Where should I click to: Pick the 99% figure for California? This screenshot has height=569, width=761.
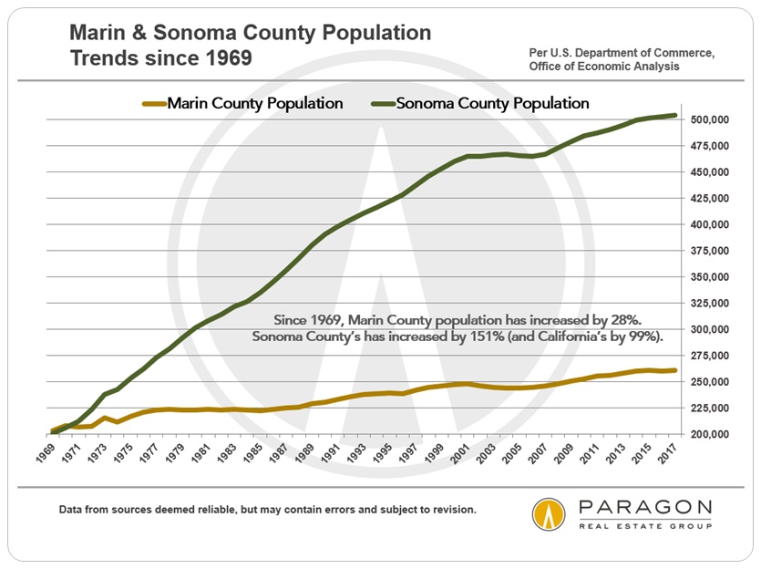pyautogui.click(x=628, y=337)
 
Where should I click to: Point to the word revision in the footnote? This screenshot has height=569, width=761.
pyautogui.click(x=451, y=509)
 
